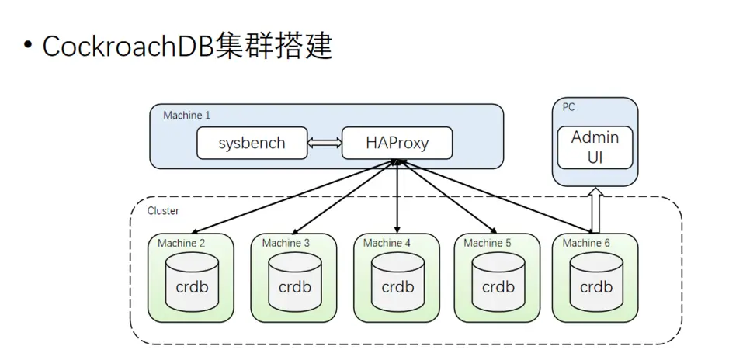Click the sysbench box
252,144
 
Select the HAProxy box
397,144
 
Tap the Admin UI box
595,147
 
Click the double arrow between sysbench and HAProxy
325,144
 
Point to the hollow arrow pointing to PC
595,209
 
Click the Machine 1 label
186,116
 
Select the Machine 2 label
182,243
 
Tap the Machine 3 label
286,243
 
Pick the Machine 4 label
387,243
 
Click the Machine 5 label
488,243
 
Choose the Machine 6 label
586,243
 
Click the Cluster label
163,210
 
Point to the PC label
568,107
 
